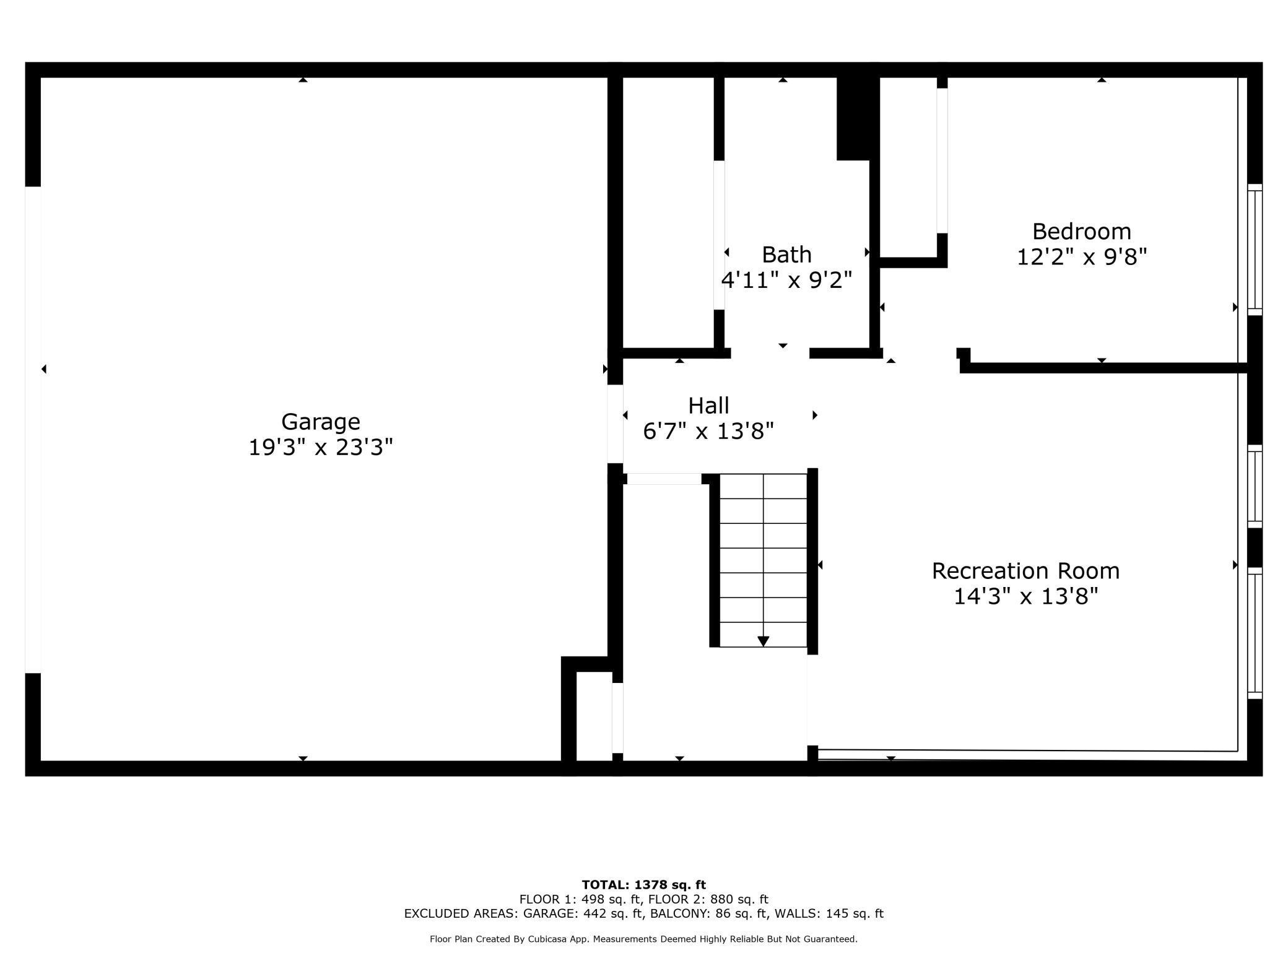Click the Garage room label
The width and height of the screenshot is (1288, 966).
pyautogui.click(x=321, y=422)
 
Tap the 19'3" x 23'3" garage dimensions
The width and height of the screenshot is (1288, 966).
pyautogui.click(x=321, y=447)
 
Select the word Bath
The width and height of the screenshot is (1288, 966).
pyautogui.click(x=786, y=255)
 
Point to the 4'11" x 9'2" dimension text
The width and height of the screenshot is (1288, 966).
pyautogui.click(x=786, y=280)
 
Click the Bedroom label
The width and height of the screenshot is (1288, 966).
pyautogui.click(x=1082, y=231)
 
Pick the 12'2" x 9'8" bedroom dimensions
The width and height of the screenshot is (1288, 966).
pyautogui.click(x=1082, y=256)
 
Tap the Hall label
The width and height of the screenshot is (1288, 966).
pyautogui.click(x=708, y=406)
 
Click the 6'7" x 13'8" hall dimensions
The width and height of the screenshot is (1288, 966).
pyautogui.click(x=708, y=431)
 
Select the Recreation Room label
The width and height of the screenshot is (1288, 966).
pyautogui.click(x=1026, y=571)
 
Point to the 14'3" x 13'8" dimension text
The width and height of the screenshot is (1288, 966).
pyautogui.click(x=1026, y=596)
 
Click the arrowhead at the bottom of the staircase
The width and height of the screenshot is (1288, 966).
pyautogui.click(x=764, y=642)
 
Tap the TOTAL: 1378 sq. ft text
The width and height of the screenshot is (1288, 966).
pyautogui.click(x=644, y=885)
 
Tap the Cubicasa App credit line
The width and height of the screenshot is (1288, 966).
pyautogui.click(x=644, y=939)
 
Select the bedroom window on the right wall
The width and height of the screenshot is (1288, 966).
pyautogui.click(x=1255, y=250)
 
